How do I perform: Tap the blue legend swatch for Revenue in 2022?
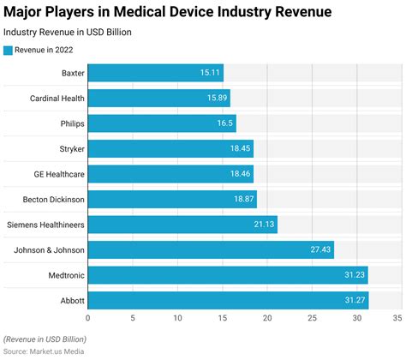click(x=9, y=51)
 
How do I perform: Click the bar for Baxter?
click(x=155, y=73)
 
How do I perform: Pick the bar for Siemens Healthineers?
click(x=182, y=225)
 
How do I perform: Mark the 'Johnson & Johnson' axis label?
click(x=48, y=250)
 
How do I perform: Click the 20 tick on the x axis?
click(x=267, y=319)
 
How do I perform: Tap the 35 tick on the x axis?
click(x=397, y=319)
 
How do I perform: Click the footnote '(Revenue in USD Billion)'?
click(x=45, y=339)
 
